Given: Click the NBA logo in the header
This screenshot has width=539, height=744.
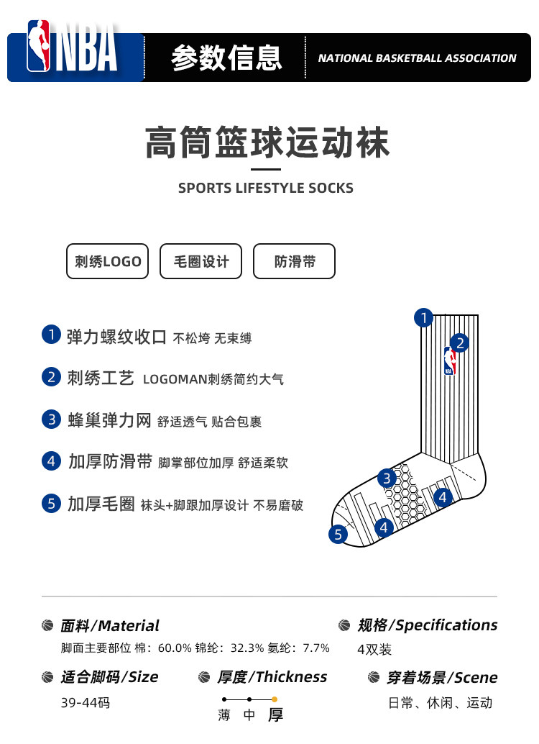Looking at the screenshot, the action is coord(72,46).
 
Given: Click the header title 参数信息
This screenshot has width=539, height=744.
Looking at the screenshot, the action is coord(226,58).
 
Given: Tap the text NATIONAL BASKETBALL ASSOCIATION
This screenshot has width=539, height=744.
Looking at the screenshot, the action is coord(417,58).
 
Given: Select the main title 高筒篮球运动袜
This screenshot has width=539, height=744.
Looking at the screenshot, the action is coord(267,142).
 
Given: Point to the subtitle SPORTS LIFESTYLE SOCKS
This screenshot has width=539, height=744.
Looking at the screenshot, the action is coord(266,188).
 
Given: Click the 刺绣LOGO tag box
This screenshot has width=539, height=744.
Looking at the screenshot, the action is coord(108,261).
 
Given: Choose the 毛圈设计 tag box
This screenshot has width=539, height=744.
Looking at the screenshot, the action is coord(201,261).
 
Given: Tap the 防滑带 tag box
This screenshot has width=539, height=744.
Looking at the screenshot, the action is coord(295,261).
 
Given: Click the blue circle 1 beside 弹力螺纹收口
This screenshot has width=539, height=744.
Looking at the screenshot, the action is coord(51,335).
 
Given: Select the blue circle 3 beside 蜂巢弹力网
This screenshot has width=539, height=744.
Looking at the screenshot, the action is coord(51,419).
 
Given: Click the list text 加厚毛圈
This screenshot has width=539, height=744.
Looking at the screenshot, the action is coord(101,504).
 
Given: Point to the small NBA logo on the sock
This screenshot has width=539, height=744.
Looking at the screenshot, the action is coord(449,360).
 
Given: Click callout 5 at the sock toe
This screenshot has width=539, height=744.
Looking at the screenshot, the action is coord(338,535).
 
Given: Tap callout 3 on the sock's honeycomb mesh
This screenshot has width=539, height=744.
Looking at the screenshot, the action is coord(387,478).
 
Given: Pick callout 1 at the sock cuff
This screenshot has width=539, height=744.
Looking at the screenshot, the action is coord(424,317).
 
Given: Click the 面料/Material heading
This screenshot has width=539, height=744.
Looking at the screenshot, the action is coord(110,626).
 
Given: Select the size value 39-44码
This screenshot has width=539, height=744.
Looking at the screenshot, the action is coord(86,703).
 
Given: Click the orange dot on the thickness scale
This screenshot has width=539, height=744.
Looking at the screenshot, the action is coord(275,699).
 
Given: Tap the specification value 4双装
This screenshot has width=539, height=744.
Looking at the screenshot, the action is coord(374,649).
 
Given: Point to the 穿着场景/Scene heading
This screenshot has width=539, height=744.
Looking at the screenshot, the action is coord(442,678).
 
